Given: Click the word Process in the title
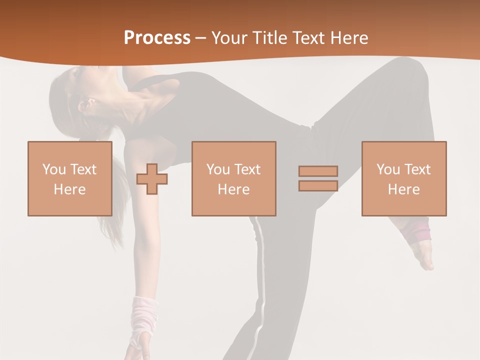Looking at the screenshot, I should pyautogui.click(x=157, y=37).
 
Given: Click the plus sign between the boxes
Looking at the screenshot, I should pyautogui.click(x=152, y=179).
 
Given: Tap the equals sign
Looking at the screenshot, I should pyautogui.click(x=318, y=178).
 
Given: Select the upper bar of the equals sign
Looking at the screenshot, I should pyautogui.click(x=318, y=171).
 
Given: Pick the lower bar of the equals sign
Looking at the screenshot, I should pyautogui.click(x=318, y=186).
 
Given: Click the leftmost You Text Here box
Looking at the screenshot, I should pyautogui.click(x=69, y=178).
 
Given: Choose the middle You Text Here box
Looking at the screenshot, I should pyautogui.click(x=233, y=178).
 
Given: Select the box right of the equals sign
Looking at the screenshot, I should pyautogui.click(x=403, y=178).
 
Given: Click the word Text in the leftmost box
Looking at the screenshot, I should pyautogui.click(x=83, y=169).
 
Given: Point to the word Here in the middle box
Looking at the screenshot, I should pyautogui.click(x=233, y=189).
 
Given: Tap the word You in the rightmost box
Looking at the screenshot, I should pyautogui.click(x=388, y=169).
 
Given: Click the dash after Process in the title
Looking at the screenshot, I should pyautogui.click(x=200, y=38).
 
